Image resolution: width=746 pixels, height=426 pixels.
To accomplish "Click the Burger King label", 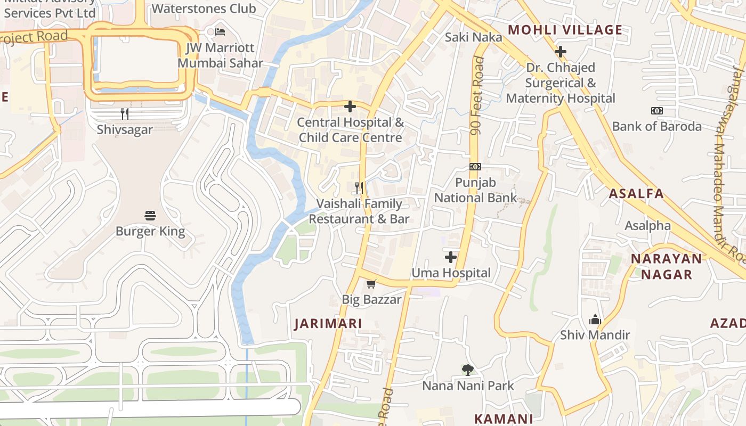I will pyautogui.click(x=150, y=232).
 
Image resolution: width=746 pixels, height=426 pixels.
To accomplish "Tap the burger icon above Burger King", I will pyautogui.click(x=150, y=216).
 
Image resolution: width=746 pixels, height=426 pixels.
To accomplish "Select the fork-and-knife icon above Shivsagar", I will pyautogui.click(x=125, y=113).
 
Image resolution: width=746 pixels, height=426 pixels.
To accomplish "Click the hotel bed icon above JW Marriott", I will pyautogui.click(x=220, y=32).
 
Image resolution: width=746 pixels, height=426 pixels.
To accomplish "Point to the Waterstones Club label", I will pyautogui.click(x=204, y=9).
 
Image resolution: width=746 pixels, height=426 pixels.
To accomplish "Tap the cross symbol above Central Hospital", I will pyautogui.click(x=350, y=106).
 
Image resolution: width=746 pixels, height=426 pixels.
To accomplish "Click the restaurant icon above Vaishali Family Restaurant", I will pyautogui.click(x=359, y=188).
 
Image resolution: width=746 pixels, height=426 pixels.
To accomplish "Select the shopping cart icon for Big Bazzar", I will pyautogui.click(x=371, y=284).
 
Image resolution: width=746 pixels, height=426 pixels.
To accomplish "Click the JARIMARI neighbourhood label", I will pyautogui.click(x=328, y=324).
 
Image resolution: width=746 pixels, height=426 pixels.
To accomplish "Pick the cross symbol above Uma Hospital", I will pyautogui.click(x=451, y=258).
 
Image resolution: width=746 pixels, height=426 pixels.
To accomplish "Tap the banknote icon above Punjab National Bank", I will pyautogui.click(x=475, y=167).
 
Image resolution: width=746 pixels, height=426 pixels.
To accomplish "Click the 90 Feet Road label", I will pyautogui.click(x=477, y=96).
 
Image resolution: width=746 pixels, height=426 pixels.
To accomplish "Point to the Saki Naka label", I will pyautogui.click(x=474, y=37).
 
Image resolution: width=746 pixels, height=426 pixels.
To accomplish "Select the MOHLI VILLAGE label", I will pyautogui.click(x=565, y=30).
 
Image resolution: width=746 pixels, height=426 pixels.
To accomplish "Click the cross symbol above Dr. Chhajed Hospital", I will pyautogui.click(x=560, y=52).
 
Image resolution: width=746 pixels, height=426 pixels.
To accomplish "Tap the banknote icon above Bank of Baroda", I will pyautogui.click(x=656, y=111).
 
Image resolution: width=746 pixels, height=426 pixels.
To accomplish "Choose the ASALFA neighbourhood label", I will pyautogui.click(x=636, y=194).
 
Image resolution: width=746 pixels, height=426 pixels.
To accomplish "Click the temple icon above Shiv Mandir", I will pyautogui.click(x=595, y=319).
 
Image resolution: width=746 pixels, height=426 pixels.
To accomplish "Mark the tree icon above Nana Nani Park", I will pyautogui.click(x=468, y=370).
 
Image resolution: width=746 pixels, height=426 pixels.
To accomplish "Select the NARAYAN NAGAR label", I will pyautogui.click(x=666, y=267).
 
